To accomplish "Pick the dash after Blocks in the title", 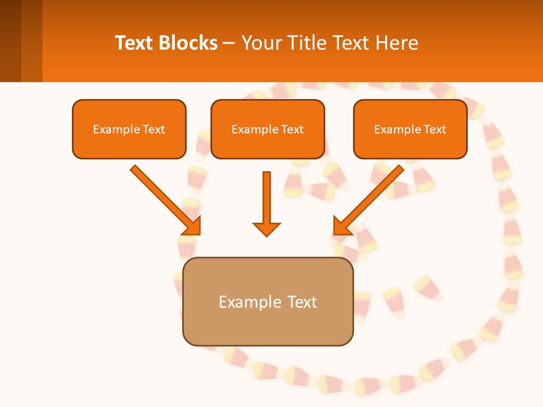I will (x=229, y=44).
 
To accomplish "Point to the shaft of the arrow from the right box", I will (x=376, y=193).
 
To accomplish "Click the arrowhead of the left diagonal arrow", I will (x=193, y=227).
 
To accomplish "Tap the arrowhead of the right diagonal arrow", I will (x=342, y=227).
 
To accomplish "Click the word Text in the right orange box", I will (x=434, y=129).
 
